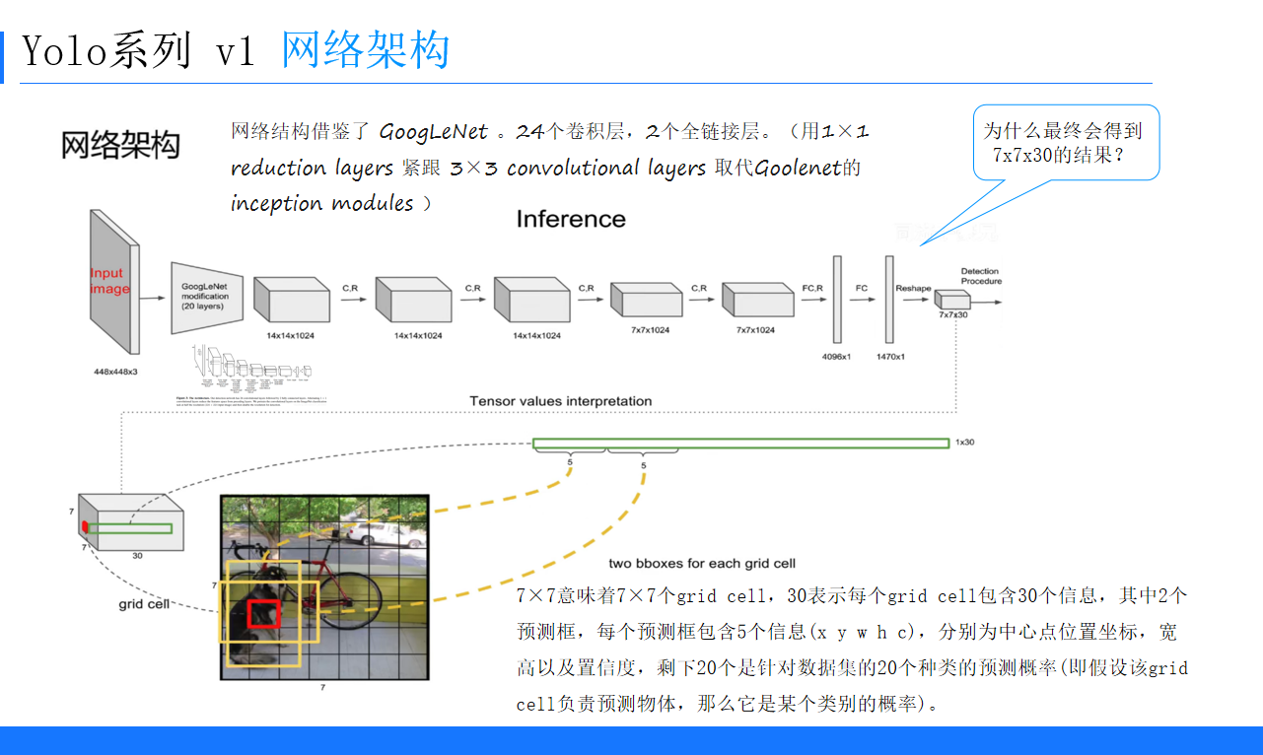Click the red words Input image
(108, 281)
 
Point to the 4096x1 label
(836, 356)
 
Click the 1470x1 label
(890, 356)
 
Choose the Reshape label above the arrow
(913, 288)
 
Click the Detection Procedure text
(981, 276)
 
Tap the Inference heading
(571, 219)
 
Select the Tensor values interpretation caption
(560, 401)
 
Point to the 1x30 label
(964, 443)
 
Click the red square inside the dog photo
(263, 613)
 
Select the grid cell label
(145, 603)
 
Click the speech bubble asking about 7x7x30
(1065, 142)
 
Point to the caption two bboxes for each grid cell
(702, 563)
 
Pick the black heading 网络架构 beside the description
(120, 145)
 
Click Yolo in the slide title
(59, 51)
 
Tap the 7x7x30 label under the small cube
(952, 314)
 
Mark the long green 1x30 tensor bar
(739, 444)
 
